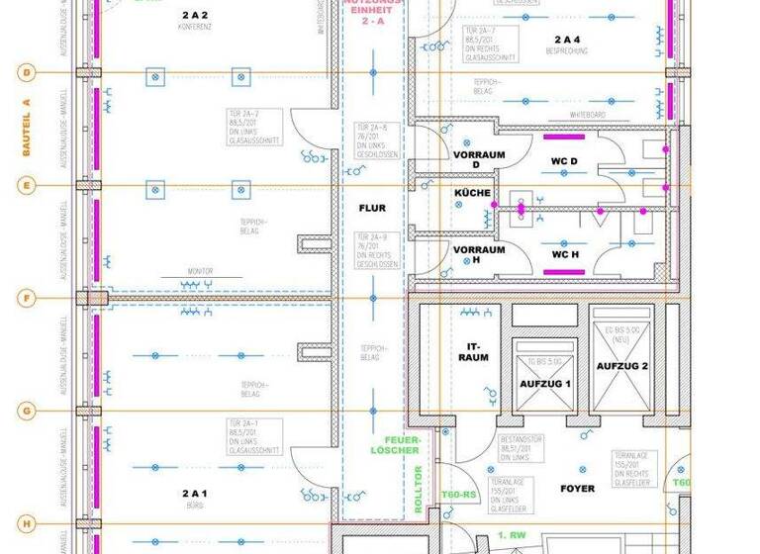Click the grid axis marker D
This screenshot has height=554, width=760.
pos(27,72)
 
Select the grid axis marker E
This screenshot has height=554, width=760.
pos(27,185)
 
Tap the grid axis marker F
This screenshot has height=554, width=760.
pos(27,297)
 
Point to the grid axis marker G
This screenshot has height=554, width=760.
pos(27,410)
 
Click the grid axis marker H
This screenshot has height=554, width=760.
pos(27,522)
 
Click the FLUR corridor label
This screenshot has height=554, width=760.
pos(372,208)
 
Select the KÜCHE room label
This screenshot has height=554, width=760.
pos(472,193)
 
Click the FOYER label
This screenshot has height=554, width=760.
pos(577,489)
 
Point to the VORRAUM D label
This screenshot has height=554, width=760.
pos(479,161)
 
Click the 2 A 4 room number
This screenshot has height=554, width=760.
pos(568,39)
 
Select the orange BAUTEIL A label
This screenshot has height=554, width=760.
pos(27,129)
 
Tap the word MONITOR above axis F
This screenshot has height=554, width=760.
pos(201,271)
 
